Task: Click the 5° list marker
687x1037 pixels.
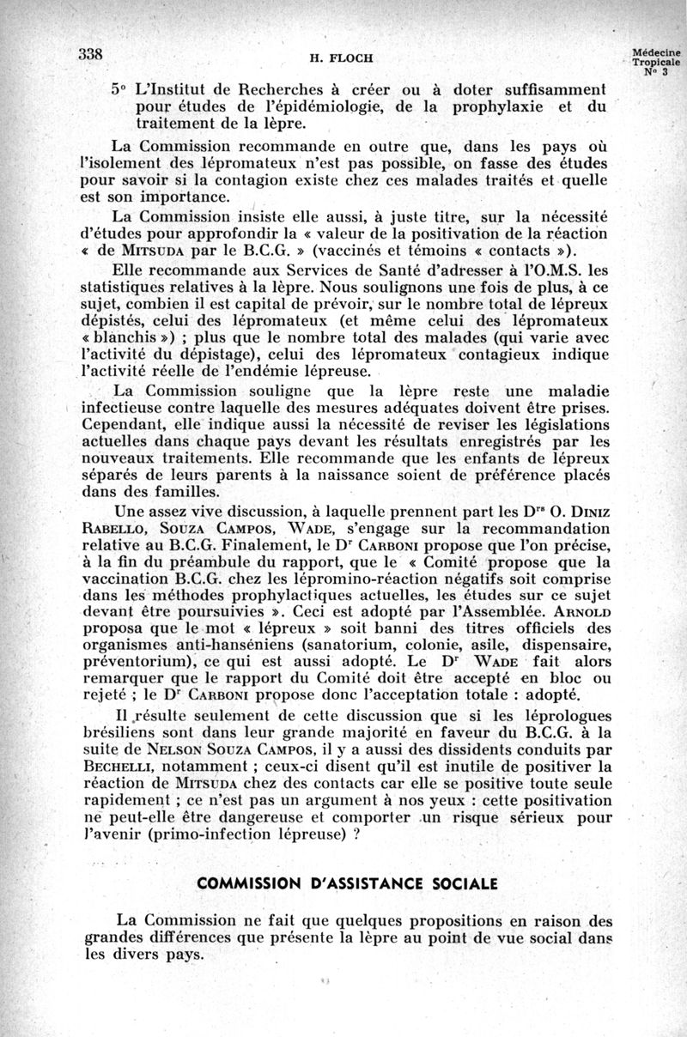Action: (119, 88)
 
